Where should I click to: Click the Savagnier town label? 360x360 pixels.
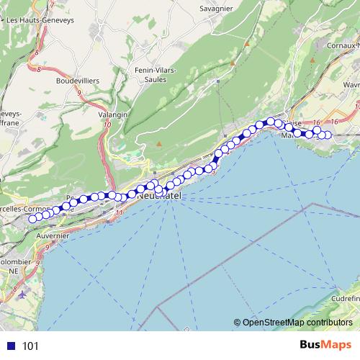[x=220, y=10]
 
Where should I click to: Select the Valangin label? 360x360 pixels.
[x=113, y=114]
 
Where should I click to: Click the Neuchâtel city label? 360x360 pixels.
[x=159, y=196]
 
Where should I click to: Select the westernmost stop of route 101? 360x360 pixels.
[x=32, y=219]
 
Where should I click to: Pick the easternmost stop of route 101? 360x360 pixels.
[x=328, y=135]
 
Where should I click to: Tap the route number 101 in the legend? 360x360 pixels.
[x=30, y=346]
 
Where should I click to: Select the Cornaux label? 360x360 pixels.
[x=343, y=45]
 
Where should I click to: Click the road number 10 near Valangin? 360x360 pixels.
[x=107, y=125]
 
